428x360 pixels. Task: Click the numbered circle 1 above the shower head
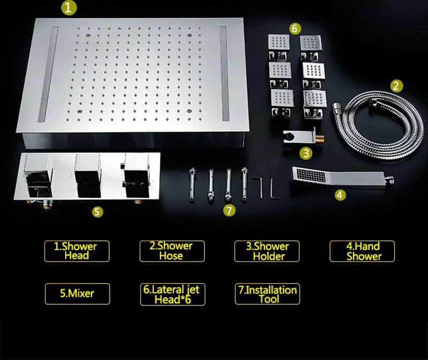pyautogui.click(x=69, y=7)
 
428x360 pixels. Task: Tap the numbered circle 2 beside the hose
pyautogui.click(x=396, y=86)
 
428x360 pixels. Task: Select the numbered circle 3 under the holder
pyautogui.click(x=306, y=153)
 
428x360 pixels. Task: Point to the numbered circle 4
pyautogui.click(x=340, y=195)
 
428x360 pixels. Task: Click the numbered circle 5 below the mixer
pyautogui.click(x=97, y=212)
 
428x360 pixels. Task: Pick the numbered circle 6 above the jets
pyautogui.click(x=295, y=28)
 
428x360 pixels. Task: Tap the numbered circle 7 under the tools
pyautogui.click(x=229, y=211)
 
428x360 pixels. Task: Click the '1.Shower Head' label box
pyautogui.click(x=77, y=251)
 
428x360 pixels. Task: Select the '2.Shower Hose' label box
pyautogui.click(x=172, y=251)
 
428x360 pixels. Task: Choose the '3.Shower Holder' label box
pyautogui.click(x=267, y=251)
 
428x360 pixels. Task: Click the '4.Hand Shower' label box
pyautogui.click(x=362, y=251)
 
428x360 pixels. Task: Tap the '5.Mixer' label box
pyautogui.click(x=78, y=294)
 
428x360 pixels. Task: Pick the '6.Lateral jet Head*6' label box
pyautogui.click(x=173, y=294)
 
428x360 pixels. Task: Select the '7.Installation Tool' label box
pyautogui.click(x=267, y=294)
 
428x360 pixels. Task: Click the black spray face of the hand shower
pyautogui.click(x=311, y=176)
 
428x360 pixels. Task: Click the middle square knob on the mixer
pyautogui.click(x=87, y=175)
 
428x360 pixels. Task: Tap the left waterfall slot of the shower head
pyautogui.click(x=48, y=74)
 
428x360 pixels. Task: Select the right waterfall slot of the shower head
pyautogui.click(x=224, y=73)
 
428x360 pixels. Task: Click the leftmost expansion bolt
pyautogui.click(x=192, y=185)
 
